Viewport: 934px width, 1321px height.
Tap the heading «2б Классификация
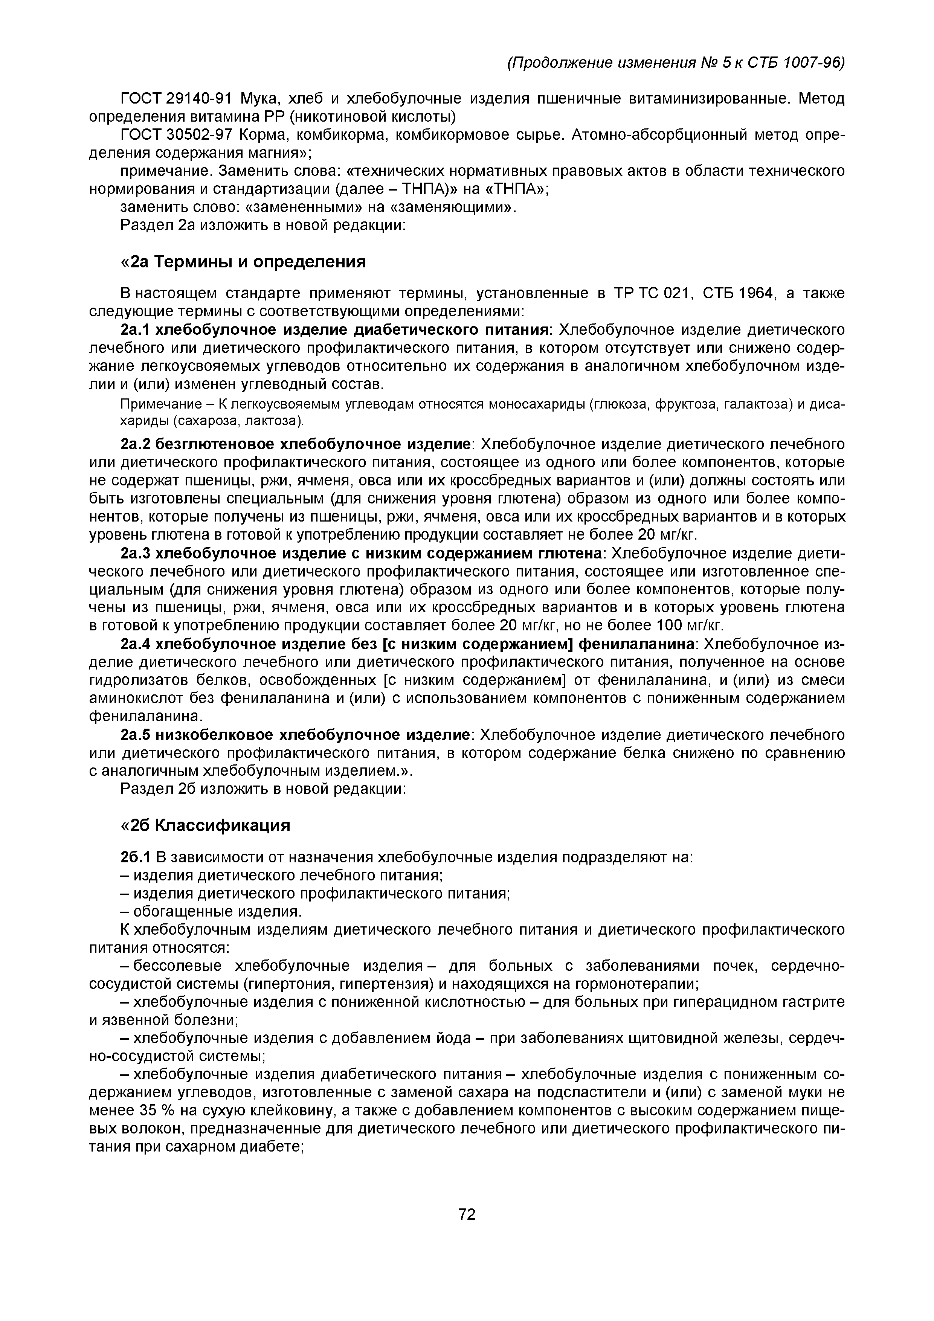(x=205, y=825)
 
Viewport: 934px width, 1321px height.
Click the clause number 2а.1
(x=135, y=329)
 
